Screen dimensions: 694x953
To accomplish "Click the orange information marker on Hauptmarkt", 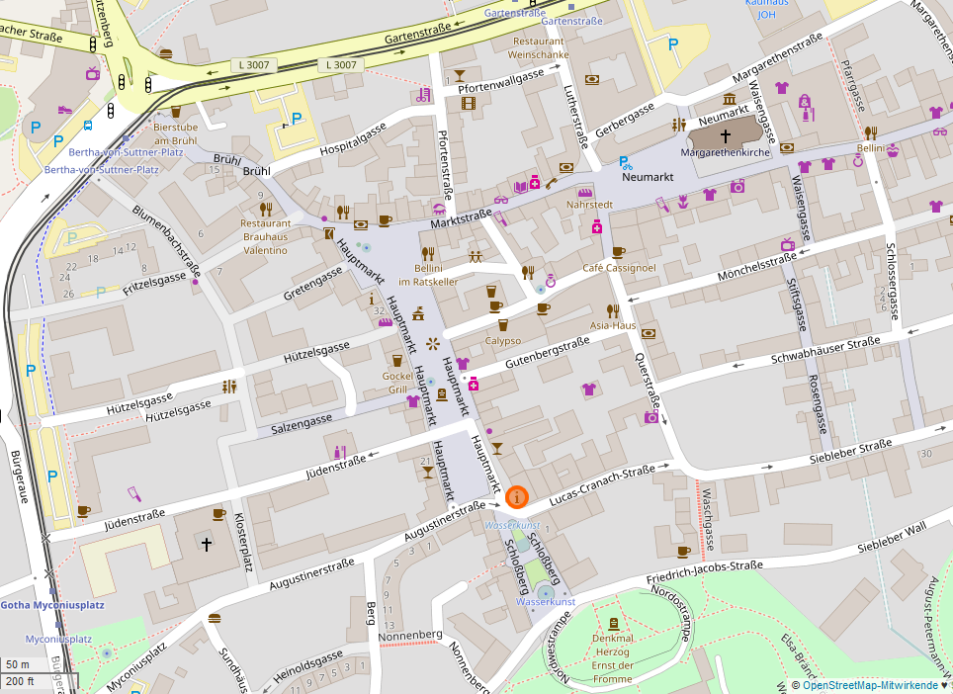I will tap(516, 497).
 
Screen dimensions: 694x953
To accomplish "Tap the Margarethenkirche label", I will tap(725, 153).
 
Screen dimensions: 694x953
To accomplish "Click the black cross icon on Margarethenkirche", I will tap(725, 134).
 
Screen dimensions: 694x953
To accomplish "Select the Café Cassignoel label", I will tap(619, 268).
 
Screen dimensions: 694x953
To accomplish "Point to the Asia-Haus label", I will tap(613, 325).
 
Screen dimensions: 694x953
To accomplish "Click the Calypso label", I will tap(502, 340).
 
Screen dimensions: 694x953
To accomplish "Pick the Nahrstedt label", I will tap(590, 205).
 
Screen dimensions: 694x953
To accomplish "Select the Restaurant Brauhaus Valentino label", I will tap(265, 236).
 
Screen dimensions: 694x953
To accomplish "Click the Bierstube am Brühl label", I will tap(175, 133).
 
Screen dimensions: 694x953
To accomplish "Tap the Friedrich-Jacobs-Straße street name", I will tap(704, 573).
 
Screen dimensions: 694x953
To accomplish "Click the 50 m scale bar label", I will tap(17, 664).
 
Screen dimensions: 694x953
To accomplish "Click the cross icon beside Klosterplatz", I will tap(207, 544).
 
